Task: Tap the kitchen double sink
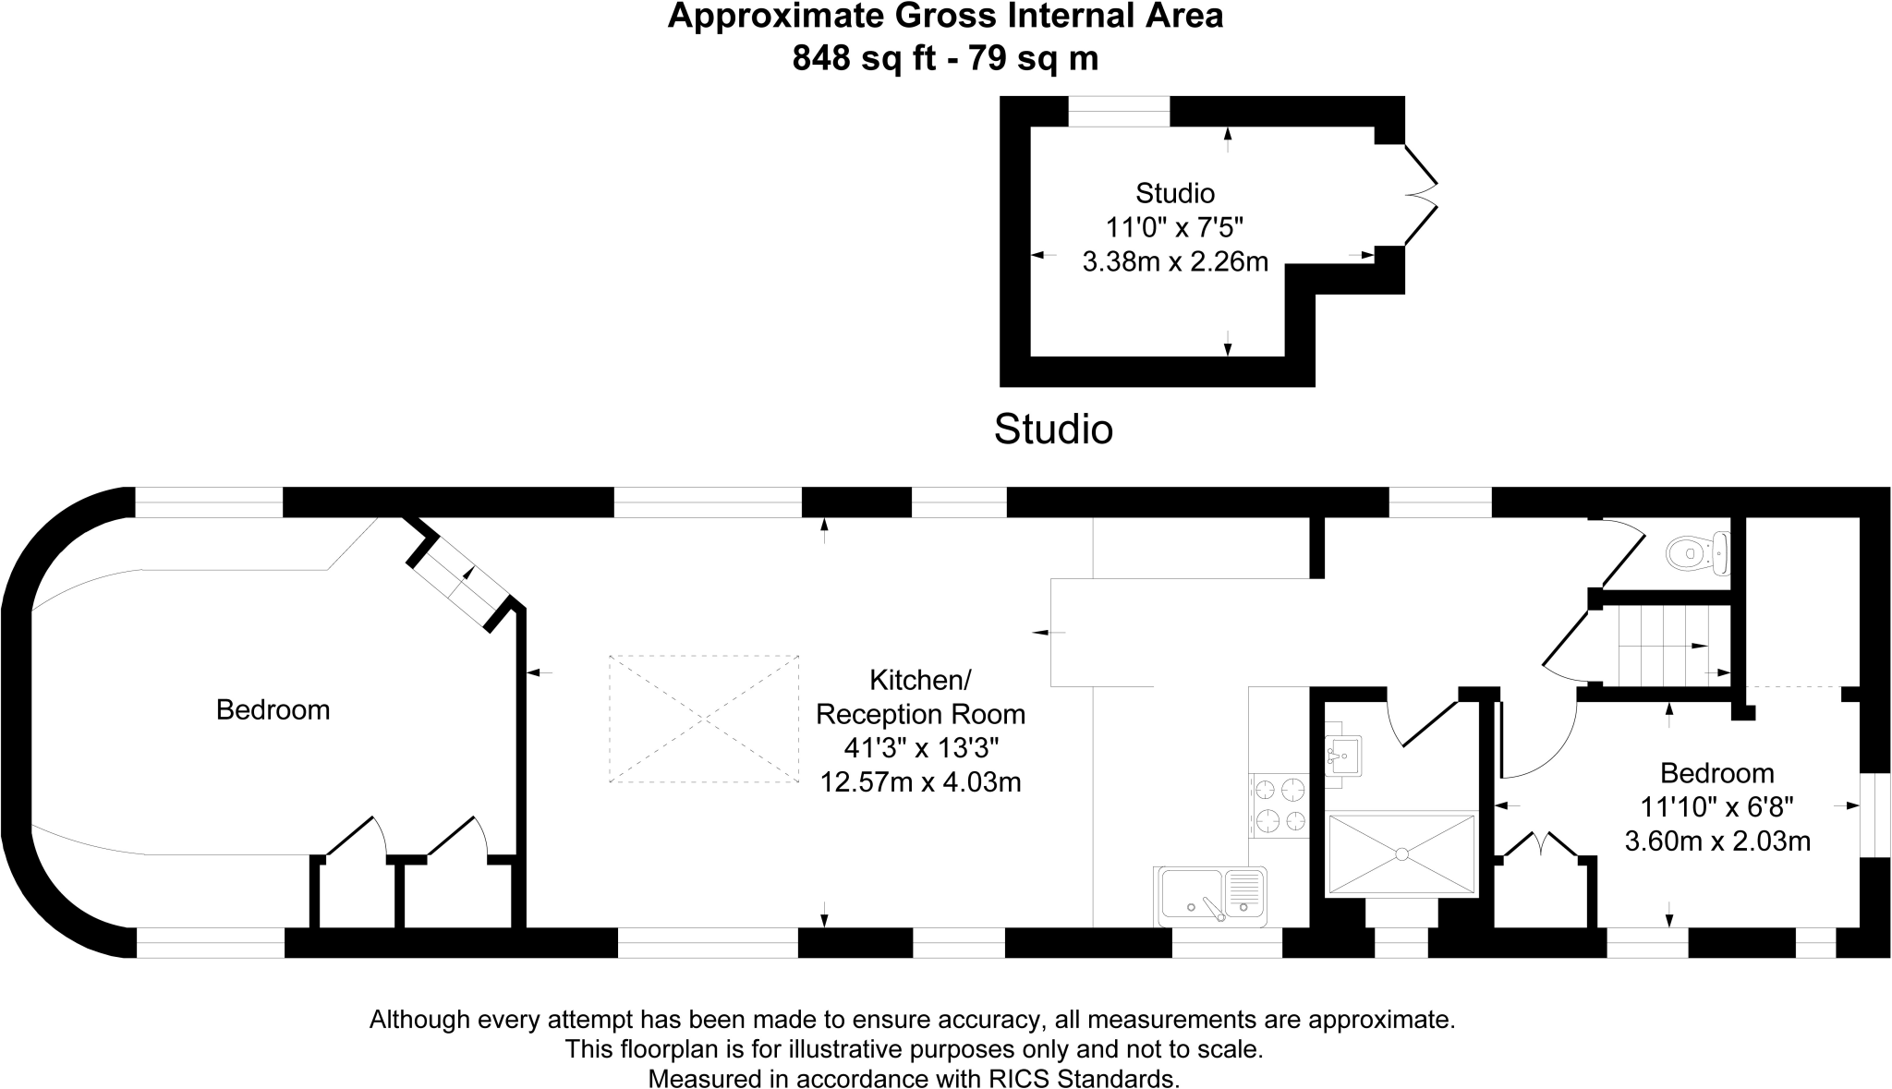point(1209,896)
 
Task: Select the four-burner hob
point(1280,805)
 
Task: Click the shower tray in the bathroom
point(1401,853)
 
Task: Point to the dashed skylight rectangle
point(704,719)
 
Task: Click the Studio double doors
point(1421,195)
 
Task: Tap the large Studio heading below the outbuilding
point(1053,430)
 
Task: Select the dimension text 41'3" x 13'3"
point(921,748)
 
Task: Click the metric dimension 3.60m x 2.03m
point(1716,841)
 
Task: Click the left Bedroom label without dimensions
point(273,709)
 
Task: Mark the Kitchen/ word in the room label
point(920,680)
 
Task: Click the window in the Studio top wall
point(1119,111)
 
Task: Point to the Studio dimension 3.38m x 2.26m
point(1175,261)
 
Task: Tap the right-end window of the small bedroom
point(1875,815)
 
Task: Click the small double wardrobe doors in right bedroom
point(1541,844)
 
